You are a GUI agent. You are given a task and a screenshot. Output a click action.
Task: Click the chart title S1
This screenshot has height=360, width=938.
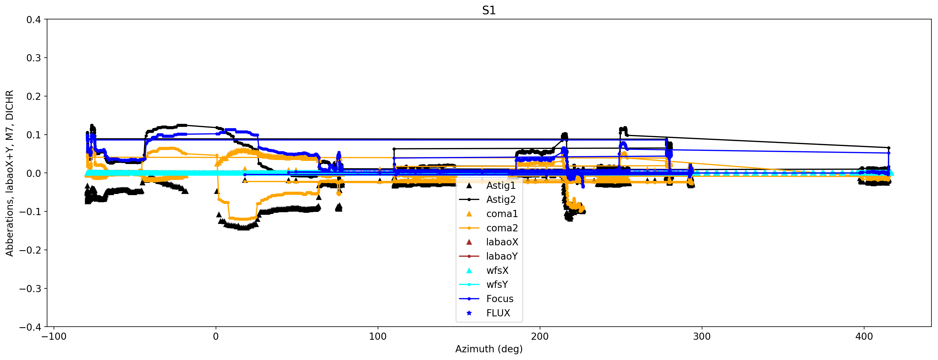[x=489, y=10]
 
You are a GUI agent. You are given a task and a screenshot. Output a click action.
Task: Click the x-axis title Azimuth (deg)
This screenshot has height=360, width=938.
[x=489, y=349]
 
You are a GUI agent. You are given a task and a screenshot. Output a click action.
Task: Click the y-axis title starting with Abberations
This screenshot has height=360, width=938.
[x=9, y=173]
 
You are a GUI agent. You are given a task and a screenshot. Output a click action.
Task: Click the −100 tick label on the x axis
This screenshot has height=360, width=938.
[x=54, y=336]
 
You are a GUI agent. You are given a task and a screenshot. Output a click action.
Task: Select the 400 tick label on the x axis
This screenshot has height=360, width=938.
[x=864, y=336]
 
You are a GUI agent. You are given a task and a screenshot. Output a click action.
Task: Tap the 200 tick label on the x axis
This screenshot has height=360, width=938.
[x=540, y=336]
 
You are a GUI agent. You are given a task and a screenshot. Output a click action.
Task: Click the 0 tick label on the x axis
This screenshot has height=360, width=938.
[x=216, y=336]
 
